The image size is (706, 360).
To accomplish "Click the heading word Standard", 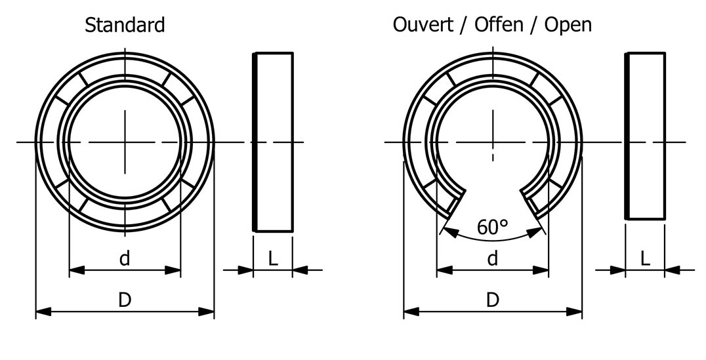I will click(x=125, y=26).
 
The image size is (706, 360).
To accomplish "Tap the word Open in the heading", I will click(x=568, y=25).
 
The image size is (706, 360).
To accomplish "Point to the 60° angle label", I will click(x=492, y=228).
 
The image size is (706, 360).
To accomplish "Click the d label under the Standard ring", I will click(x=125, y=259).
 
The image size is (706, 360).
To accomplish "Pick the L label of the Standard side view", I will click(x=273, y=258).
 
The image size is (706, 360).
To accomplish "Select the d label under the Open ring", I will click(x=492, y=259).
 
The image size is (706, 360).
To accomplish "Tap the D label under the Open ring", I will click(x=492, y=300).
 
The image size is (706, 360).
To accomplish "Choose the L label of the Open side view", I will click(x=645, y=258).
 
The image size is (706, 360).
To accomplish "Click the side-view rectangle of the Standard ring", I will click(x=273, y=142).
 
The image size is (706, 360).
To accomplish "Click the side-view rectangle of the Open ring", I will click(x=645, y=136).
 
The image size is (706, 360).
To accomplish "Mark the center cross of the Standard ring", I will click(x=125, y=142).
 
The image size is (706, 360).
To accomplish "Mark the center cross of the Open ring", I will click(x=492, y=142).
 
